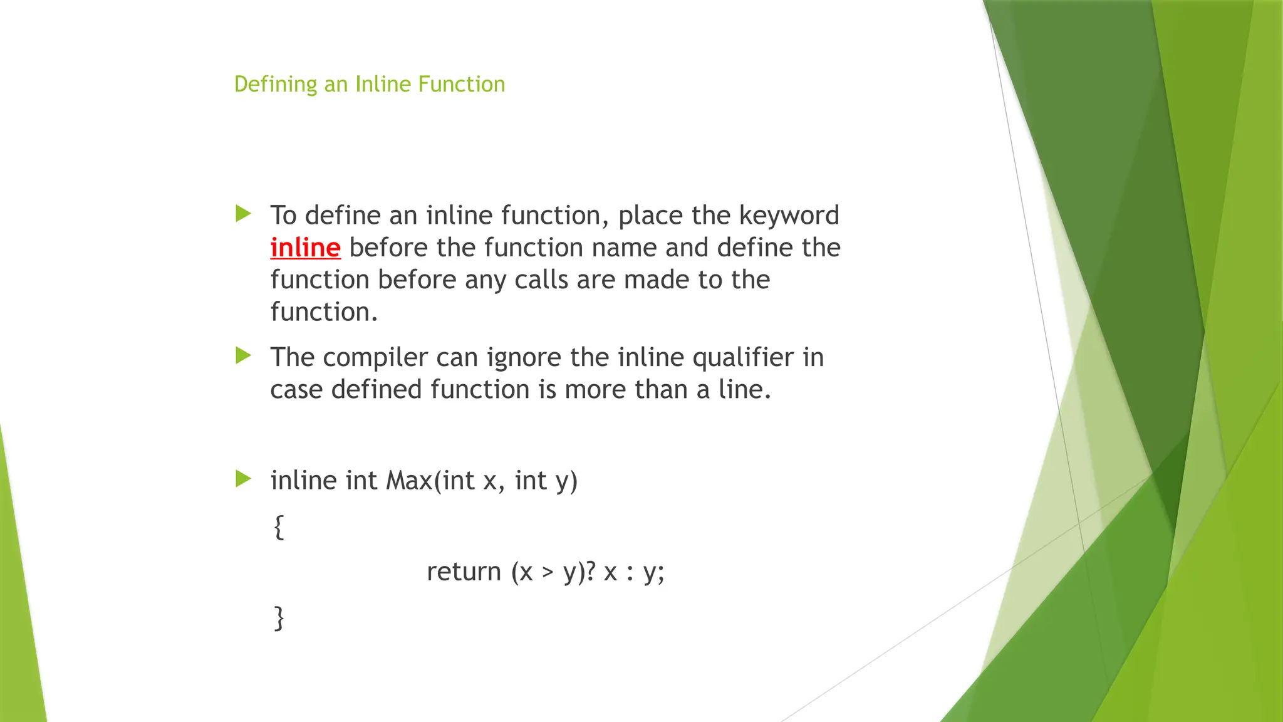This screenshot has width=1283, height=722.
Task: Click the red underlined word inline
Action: [x=305, y=248]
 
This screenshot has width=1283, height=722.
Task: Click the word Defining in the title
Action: [x=276, y=85]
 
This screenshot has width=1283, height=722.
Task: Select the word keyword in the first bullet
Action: [x=789, y=216]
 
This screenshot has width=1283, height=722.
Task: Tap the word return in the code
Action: [x=464, y=572]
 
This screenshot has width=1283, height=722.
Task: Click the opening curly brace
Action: [x=279, y=527]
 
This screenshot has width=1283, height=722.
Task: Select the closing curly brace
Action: [x=279, y=618]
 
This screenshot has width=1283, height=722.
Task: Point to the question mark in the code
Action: [x=590, y=572]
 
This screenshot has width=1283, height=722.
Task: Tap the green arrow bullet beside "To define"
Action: [x=243, y=214]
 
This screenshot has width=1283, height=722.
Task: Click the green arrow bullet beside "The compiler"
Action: [x=243, y=356]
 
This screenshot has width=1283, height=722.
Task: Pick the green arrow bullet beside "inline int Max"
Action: [x=243, y=479]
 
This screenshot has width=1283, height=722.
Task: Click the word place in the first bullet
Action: [x=650, y=216]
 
